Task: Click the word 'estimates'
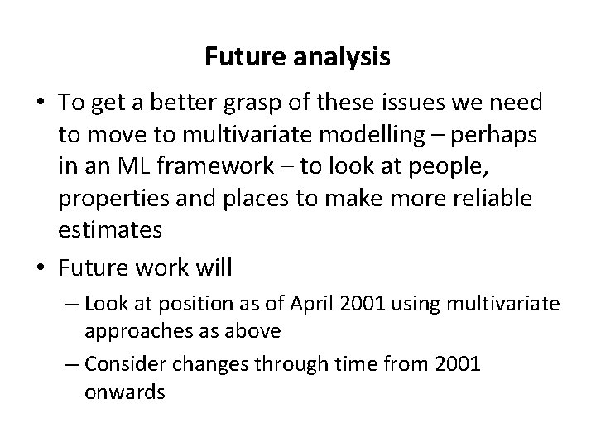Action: tap(110, 229)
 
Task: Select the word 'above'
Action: tap(248, 331)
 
